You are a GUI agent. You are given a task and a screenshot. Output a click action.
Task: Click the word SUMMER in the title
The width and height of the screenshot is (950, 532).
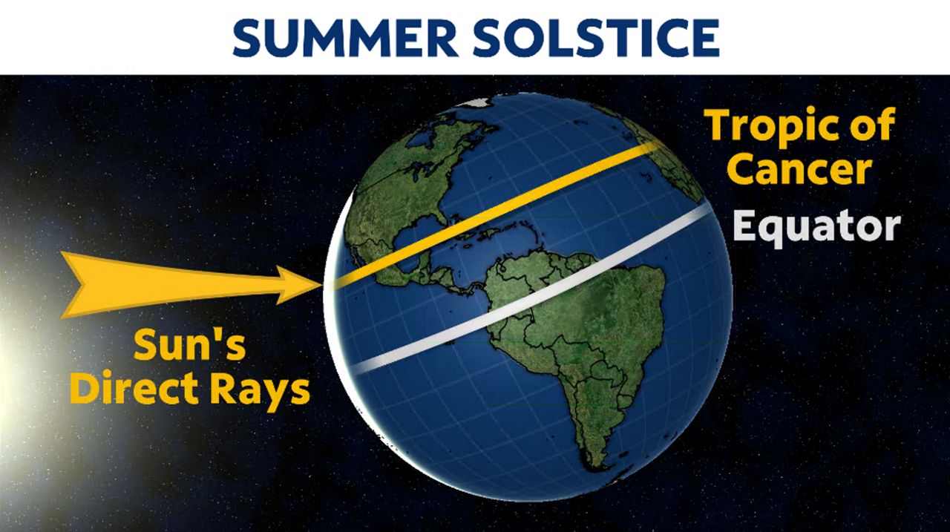click(x=345, y=38)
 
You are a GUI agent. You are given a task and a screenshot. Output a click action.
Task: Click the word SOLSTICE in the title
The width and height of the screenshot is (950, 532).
click(x=595, y=38)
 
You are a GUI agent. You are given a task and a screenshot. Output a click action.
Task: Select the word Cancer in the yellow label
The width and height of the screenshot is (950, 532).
click(x=799, y=171)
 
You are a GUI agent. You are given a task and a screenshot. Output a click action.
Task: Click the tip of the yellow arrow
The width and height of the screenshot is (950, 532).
click(x=322, y=285)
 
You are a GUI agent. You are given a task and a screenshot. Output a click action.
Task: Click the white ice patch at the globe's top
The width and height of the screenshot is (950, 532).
click(x=478, y=102)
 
